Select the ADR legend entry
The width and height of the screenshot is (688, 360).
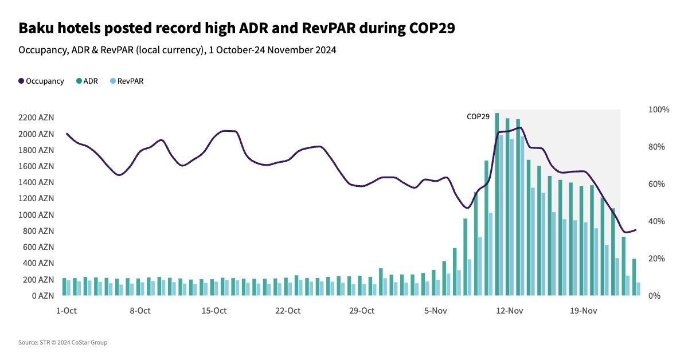[x=87, y=81]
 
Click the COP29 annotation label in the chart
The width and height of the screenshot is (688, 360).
[x=478, y=116]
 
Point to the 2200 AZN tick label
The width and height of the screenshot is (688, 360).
[x=36, y=118]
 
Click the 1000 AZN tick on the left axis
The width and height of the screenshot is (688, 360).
[x=36, y=215]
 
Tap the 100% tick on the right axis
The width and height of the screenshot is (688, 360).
[x=659, y=109]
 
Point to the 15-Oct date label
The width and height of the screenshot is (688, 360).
[x=214, y=311]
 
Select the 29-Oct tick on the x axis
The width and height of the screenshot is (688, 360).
[x=362, y=311]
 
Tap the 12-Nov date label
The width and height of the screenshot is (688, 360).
[x=509, y=311]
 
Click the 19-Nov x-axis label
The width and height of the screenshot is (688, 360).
[x=583, y=311]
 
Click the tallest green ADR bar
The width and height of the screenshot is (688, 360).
[x=497, y=204]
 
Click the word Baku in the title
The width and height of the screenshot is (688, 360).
[x=37, y=29]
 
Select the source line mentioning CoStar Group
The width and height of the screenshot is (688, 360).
[x=62, y=343]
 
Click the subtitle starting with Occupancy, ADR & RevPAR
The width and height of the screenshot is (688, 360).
[x=177, y=50]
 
